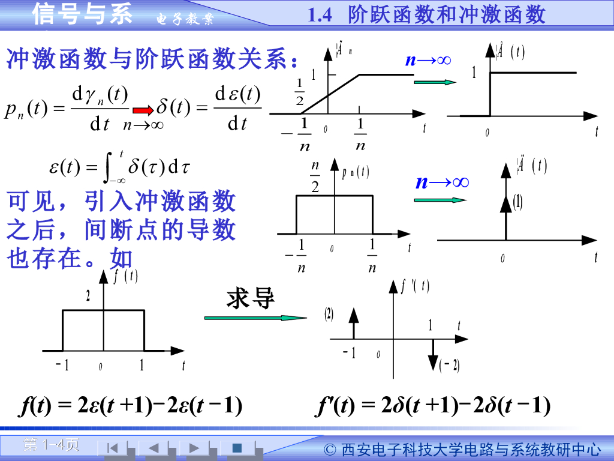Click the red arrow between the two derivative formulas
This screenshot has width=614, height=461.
click(143, 110)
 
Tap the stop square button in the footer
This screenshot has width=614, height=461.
click(237, 447)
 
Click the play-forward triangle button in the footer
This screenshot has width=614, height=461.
click(194, 447)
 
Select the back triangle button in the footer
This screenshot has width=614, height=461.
click(153, 447)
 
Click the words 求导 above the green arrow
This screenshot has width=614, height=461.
click(251, 298)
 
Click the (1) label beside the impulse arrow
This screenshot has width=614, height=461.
click(517, 203)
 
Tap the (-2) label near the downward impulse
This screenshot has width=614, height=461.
click(449, 364)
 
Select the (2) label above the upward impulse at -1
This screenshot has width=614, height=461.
click(329, 314)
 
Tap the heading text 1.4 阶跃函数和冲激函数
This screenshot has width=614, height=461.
click(426, 14)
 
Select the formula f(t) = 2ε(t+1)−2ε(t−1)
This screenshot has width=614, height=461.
click(130, 406)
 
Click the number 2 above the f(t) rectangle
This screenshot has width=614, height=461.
click(88, 296)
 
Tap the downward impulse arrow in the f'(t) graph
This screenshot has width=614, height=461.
click(433, 354)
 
